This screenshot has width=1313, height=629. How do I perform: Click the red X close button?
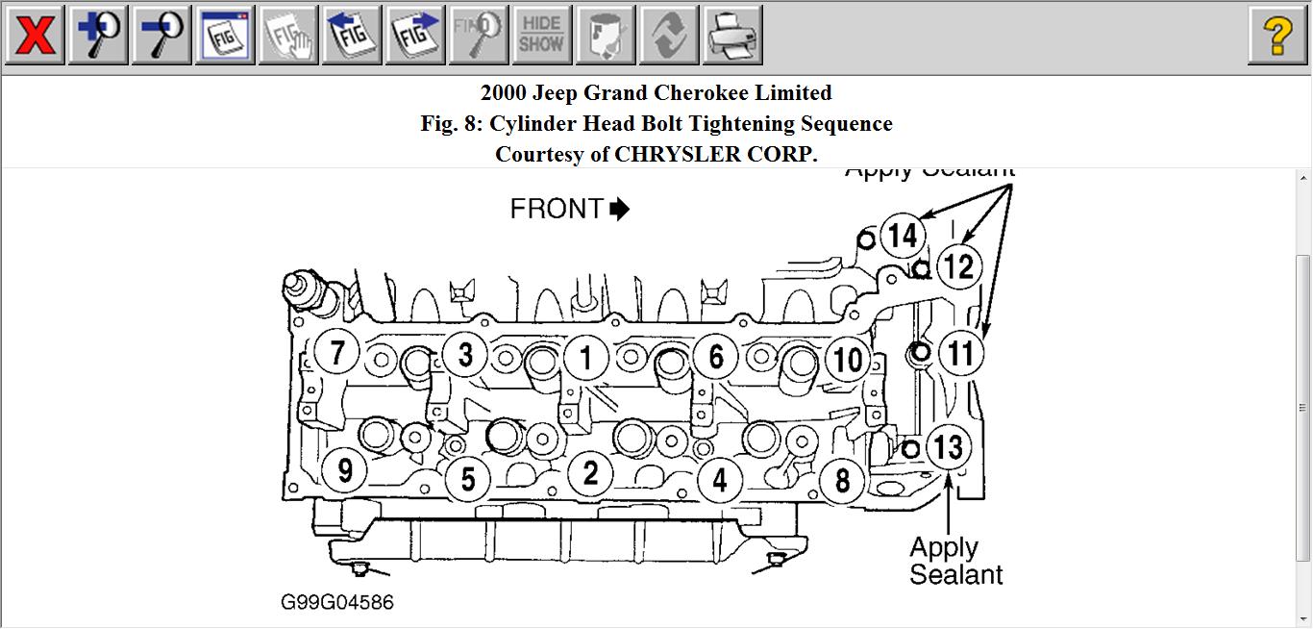pos(35,36)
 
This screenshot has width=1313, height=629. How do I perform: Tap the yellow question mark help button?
pos(1276,36)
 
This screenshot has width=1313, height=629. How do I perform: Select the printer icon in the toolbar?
pos(732,36)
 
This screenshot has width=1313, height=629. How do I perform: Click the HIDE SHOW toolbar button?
pos(541,36)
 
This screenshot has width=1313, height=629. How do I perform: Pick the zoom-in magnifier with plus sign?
pos(98,36)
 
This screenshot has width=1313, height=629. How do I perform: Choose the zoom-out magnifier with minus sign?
pos(161,36)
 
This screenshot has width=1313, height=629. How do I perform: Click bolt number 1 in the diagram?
pos(585,358)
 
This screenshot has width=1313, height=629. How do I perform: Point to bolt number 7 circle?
pos(336,352)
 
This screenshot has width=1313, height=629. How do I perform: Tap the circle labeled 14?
pos(902,235)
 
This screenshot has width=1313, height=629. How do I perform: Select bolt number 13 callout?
pos(948,446)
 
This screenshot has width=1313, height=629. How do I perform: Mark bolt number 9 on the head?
pos(344,470)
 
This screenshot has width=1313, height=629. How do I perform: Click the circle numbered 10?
pos(847,361)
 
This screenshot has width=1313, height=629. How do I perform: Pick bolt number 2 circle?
pos(590,472)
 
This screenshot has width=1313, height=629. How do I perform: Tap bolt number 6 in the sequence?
pos(715,357)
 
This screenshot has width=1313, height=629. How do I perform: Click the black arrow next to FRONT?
pos(620,209)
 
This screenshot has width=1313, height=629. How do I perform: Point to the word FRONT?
pos(557,209)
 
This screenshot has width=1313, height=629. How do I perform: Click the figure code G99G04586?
pos(336,602)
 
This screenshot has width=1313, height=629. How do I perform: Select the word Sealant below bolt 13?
pos(955,574)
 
